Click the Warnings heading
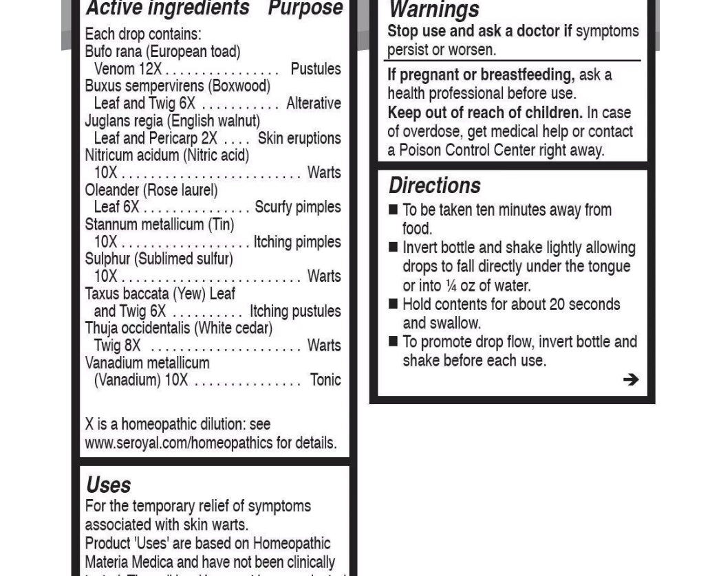pos(434,10)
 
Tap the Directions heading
pos(434,186)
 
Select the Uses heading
pos(108,485)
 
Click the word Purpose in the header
pos(305,9)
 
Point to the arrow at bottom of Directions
pos(630,379)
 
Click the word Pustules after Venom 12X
pos(315,69)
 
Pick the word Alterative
pos(313,103)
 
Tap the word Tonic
pos(325,379)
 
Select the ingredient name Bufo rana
pos(114,52)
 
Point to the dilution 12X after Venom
pos(150,69)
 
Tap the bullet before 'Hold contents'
pos(393,304)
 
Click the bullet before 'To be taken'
pos(393,210)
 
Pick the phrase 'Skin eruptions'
pos(299,138)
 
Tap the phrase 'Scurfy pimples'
pos(297,207)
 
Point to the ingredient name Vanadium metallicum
pos(147,362)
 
